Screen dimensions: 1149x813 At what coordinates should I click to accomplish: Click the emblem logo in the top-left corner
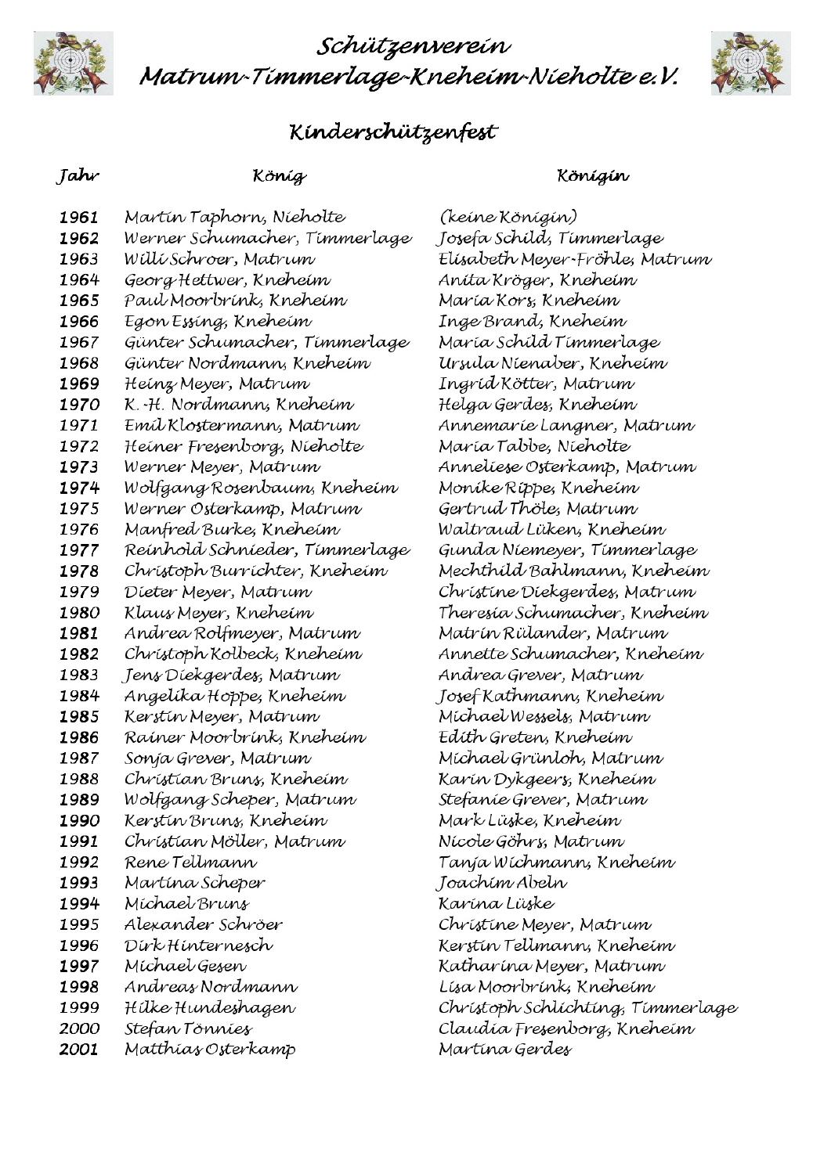(73, 63)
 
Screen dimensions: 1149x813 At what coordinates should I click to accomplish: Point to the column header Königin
(592, 176)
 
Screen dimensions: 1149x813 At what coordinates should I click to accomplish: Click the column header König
(280, 176)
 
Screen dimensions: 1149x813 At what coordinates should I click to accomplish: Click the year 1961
(79, 217)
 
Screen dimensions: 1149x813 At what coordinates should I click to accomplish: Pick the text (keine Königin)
(508, 217)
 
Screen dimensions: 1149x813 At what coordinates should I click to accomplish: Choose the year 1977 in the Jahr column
(79, 550)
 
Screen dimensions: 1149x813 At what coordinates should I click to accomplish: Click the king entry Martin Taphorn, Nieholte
(234, 217)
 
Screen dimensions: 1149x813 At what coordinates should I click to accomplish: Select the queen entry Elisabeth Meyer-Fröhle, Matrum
(575, 259)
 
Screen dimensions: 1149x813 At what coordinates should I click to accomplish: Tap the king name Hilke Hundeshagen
(210, 1008)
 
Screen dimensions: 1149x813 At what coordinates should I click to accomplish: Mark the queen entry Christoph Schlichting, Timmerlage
(587, 1008)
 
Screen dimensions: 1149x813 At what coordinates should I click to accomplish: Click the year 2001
(79, 1050)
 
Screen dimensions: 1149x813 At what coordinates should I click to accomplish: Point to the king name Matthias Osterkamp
(210, 1050)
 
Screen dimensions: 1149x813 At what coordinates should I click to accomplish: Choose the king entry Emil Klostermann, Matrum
(242, 426)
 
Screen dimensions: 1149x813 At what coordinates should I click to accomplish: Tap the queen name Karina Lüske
(496, 904)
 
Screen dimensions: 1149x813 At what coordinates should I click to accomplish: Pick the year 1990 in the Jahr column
(79, 821)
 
